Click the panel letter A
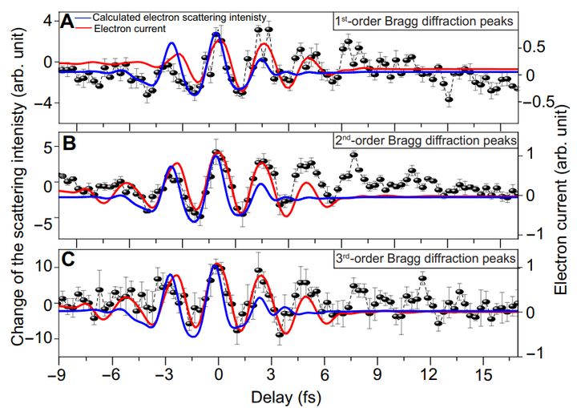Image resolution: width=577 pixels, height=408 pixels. coord(68,22)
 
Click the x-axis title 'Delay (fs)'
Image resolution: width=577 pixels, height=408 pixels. coord(287,396)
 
